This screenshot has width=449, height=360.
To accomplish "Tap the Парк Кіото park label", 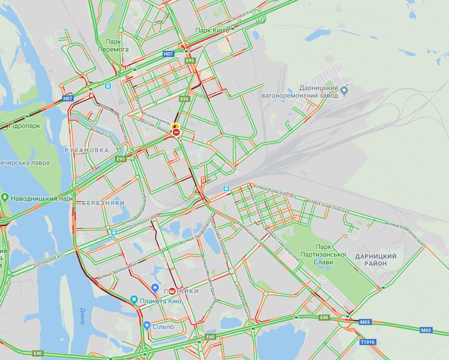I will coord(213,30).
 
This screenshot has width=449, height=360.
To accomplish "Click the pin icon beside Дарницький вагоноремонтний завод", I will coord(344,91).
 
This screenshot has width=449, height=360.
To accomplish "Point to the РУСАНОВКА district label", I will coord(87,150).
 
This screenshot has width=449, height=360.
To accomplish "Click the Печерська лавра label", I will coord(24,163).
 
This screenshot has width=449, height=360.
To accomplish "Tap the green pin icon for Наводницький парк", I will coord(5,198).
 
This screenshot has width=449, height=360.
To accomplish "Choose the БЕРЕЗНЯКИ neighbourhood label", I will coord(103,203).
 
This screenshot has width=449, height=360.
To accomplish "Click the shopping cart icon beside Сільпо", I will coord(147,325).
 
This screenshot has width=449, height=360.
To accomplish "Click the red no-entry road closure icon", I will coord(176,133).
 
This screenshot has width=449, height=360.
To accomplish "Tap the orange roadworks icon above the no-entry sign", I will coord(176,126).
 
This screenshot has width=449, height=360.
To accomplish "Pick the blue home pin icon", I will coord(155,287).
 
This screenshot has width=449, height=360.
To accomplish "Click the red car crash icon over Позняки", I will coord(172,291).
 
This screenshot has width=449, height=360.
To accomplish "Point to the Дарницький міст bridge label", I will coord(49,259).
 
